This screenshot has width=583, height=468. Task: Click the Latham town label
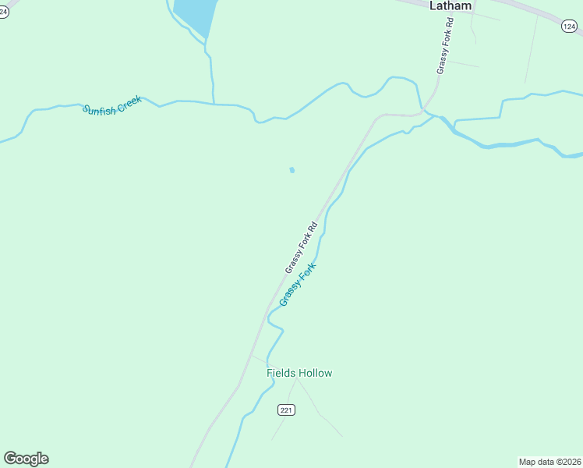450,5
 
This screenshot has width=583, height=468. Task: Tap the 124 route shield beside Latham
570,27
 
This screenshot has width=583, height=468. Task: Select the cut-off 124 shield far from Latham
3,12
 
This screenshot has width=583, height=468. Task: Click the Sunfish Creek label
111,105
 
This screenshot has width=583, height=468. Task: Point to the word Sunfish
99,108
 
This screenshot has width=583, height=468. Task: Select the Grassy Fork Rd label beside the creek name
302,248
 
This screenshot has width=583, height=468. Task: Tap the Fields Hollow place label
299,373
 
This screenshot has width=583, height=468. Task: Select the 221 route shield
287,409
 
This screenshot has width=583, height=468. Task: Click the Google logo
26,459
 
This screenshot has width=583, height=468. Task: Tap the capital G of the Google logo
10,459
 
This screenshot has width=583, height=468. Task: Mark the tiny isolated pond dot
292,170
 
